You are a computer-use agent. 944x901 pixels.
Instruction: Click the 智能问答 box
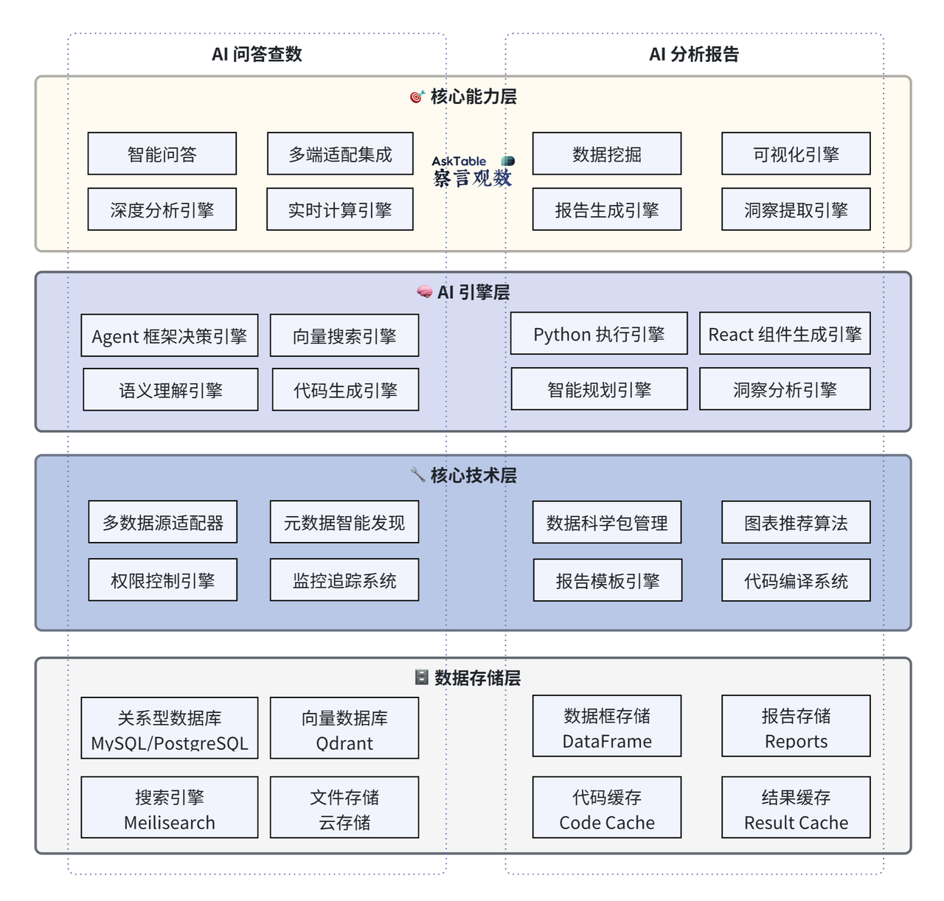tap(162, 154)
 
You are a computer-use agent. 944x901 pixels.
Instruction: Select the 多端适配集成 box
tap(340, 154)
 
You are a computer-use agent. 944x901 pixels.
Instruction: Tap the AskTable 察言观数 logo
tap(473, 171)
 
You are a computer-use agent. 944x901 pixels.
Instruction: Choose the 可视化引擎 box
tap(796, 154)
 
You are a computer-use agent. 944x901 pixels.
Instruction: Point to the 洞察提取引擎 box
tap(796, 210)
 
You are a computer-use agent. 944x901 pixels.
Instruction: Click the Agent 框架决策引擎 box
tap(170, 336)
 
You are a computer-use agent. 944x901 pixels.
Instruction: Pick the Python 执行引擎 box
tap(599, 334)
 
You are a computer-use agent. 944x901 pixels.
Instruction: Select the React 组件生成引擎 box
tap(785, 334)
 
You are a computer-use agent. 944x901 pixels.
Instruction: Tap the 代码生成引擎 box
tap(345, 390)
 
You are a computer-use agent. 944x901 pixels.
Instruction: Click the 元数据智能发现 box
tap(344, 523)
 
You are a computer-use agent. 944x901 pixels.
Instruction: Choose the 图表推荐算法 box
tap(796, 523)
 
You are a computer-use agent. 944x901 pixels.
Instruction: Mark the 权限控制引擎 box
tap(163, 580)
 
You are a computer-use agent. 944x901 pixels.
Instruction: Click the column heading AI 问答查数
tap(257, 54)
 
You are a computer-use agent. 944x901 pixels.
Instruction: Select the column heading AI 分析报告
tap(694, 54)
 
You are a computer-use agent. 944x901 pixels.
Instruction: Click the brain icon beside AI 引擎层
tap(424, 292)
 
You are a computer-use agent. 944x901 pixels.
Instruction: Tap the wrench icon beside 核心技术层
tap(417, 474)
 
